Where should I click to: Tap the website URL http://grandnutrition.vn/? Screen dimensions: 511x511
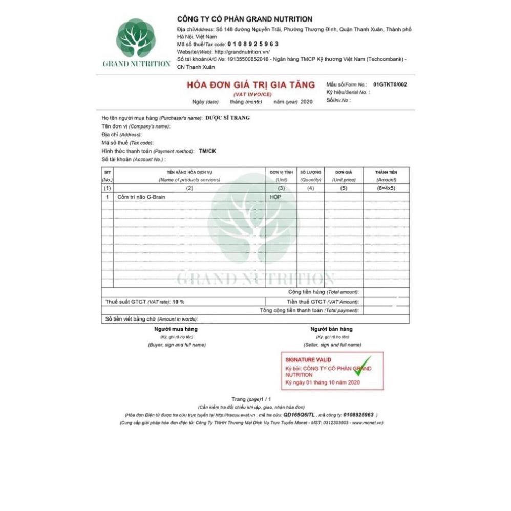pyautogui.click(x=242, y=52)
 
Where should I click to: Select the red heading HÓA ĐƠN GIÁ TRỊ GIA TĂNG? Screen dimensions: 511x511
pyautogui.click(x=250, y=85)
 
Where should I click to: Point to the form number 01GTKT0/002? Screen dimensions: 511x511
pyautogui.click(x=390, y=84)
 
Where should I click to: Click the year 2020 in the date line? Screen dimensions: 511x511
pyautogui.click(x=306, y=102)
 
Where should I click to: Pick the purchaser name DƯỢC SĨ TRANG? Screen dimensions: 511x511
pyautogui.click(x=227, y=118)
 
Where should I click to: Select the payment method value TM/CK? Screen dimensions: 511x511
pyautogui.click(x=207, y=151)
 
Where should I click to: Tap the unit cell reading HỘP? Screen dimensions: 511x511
pyautogui.click(x=275, y=197)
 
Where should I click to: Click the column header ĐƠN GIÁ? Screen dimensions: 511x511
pyautogui.click(x=343, y=173)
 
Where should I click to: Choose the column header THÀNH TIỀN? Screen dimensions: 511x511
pyautogui.click(x=386, y=173)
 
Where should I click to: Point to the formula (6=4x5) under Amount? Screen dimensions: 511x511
pyautogui.click(x=386, y=188)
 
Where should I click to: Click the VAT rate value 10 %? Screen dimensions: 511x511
pyautogui.click(x=178, y=302)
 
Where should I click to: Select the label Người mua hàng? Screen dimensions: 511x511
pyautogui.click(x=176, y=329)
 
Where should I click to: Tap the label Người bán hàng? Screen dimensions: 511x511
pyautogui.click(x=331, y=329)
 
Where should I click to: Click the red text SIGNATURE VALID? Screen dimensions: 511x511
pyautogui.click(x=308, y=360)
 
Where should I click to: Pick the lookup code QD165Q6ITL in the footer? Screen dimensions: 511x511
pyautogui.click(x=299, y=414)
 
